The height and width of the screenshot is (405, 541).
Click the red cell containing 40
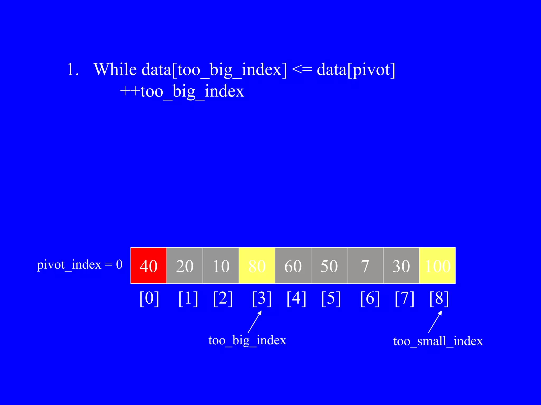coord(149,266)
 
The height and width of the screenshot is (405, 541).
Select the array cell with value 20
coord(185,266)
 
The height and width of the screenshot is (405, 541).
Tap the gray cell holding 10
coord(221,266)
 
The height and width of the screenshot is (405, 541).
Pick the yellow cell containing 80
coord(257,266)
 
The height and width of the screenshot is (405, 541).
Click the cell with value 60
coord(293,266)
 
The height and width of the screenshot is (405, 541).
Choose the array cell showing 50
coord(329,266)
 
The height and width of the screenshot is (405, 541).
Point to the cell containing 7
coord(365,266)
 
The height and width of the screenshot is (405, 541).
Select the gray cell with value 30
coord(401,266)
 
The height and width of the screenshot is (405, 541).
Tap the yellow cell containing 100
coord(437,266)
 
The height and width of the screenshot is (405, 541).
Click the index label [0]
coord(149,298)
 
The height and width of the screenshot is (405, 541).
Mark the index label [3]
coord(262,298)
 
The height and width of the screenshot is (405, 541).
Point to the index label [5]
coord(331,298)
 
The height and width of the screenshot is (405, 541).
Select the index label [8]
coord(439,298)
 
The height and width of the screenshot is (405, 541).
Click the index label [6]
coord(370,298)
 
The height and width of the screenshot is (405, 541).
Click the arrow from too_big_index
coord(255,322)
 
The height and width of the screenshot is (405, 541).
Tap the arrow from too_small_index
coord(435,322)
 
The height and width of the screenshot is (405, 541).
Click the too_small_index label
coord(438,341)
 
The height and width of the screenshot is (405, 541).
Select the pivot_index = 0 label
coord(80,264)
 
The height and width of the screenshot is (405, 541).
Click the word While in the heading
coord(115,69)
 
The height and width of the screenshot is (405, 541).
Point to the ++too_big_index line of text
coord(182,91)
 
